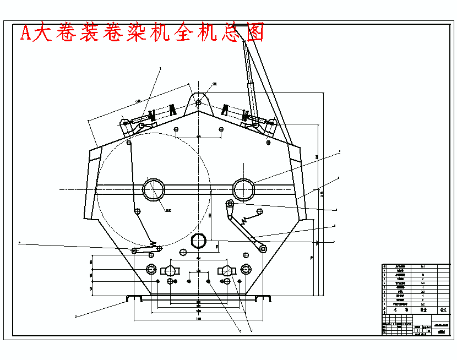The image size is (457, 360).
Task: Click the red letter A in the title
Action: click(26, 33)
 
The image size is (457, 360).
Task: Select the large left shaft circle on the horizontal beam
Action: click(154, 189)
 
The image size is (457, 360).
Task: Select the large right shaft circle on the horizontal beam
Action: click(244, 189)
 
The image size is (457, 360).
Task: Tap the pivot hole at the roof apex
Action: click(198, 102)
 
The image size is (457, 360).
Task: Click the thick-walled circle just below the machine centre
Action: click(198, 240)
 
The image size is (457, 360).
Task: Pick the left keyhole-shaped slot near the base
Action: click(170, 270)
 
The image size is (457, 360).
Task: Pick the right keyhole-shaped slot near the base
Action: click(226, 270)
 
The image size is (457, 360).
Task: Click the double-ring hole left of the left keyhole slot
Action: click(150, 269)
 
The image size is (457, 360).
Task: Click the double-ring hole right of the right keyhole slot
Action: click(246, 269)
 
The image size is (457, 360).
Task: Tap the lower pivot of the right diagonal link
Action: click(263, 248)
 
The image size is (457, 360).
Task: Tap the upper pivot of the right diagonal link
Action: click(230, 205)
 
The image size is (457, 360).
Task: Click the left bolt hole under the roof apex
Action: click(176, 129)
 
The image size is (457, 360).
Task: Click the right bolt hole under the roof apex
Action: click(221, 129)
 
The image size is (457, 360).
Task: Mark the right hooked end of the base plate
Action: click(269, 298)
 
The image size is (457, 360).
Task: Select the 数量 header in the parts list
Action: click(423, 310)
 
